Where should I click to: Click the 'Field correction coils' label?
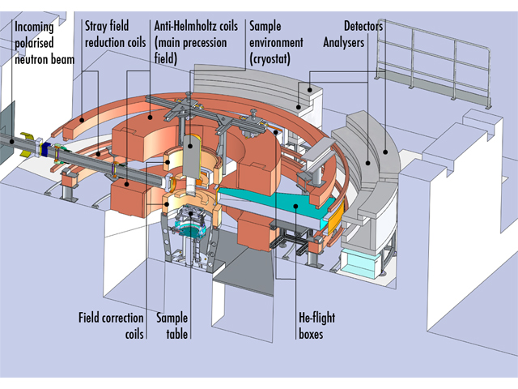click(x=112, y=324)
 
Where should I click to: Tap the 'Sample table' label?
click(x=172, y=324)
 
